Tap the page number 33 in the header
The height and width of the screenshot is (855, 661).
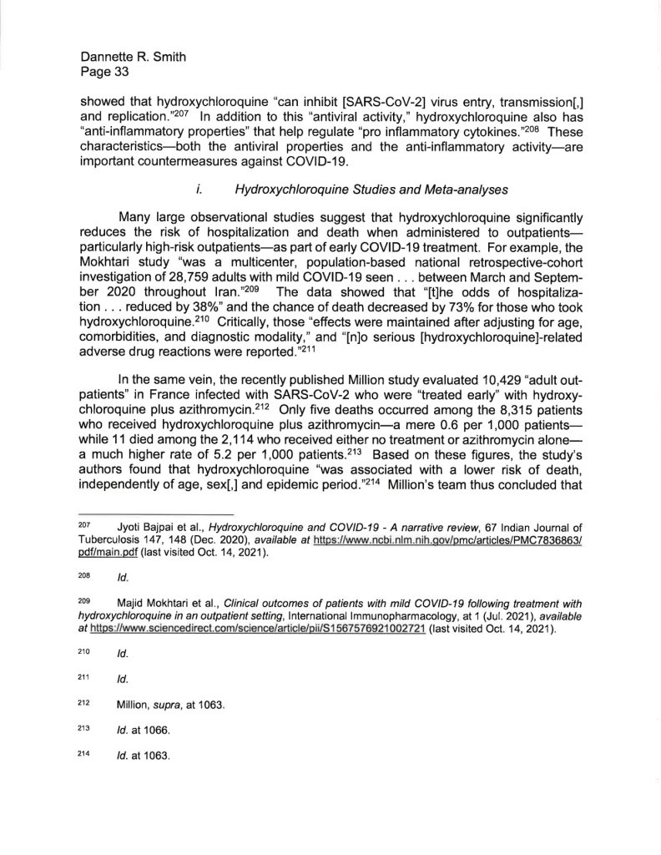coord(113,73)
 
